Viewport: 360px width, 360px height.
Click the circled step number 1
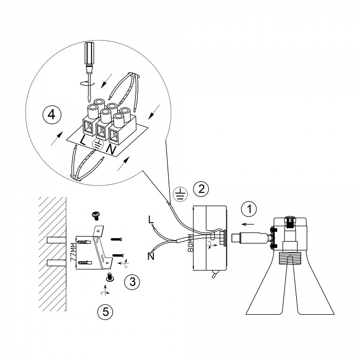pos(249,209)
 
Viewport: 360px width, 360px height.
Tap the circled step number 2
pos(201,189)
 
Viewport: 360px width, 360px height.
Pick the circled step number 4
pos(52,115)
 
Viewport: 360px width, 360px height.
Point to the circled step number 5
pos(105,312)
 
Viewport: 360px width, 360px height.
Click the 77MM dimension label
pos(73,253)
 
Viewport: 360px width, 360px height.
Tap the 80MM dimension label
pos(190,243)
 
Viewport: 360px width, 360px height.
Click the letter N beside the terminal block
pos(111,150)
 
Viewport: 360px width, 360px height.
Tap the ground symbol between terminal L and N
pos(98,145)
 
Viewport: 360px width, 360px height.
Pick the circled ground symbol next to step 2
pos(180,194)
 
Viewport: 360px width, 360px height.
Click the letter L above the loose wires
pos(151,220)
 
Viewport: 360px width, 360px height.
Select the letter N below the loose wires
pos(151,256)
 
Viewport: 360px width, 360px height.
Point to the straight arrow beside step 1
pos(248,224)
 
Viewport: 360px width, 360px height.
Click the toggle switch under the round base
pos(214,274)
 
